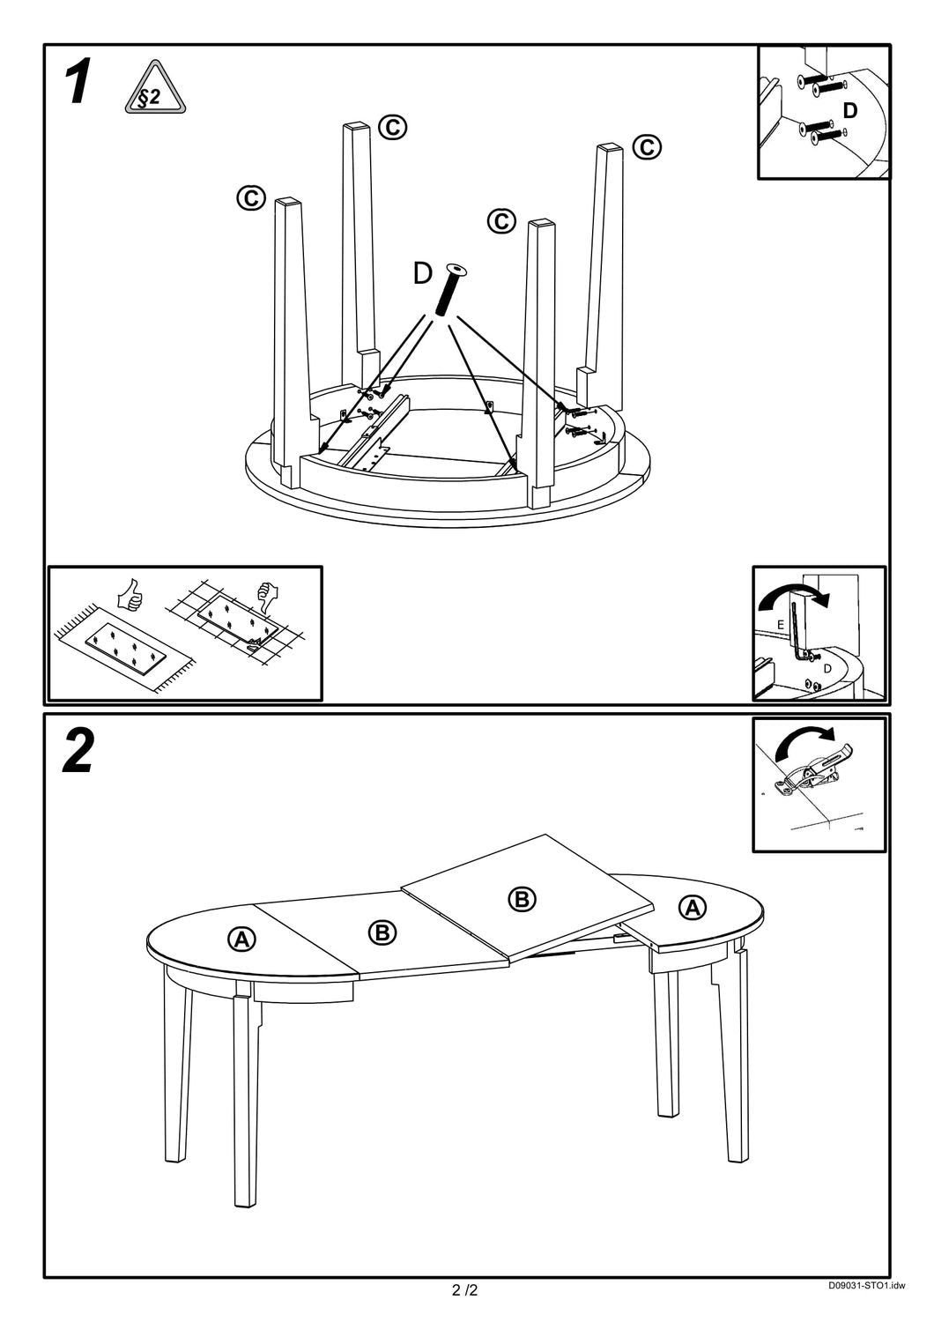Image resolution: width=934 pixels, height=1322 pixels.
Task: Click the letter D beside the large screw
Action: coord(423,274)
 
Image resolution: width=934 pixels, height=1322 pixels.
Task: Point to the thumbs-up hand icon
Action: coord(130,596)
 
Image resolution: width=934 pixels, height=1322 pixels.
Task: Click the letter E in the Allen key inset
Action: coord(780,624)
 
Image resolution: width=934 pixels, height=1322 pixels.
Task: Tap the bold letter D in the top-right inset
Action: coord(849,110)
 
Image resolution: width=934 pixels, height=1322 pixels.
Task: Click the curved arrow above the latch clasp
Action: coord(804,742)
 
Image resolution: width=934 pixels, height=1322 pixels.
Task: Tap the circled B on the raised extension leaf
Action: coord(522,898)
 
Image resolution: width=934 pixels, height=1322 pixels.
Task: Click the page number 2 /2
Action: coord(465,1291)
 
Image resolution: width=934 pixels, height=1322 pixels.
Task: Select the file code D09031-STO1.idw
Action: coord(865,1286)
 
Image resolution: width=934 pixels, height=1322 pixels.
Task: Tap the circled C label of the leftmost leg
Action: coord(251,197)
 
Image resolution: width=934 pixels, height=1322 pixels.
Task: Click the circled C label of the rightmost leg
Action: coord(647,146)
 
